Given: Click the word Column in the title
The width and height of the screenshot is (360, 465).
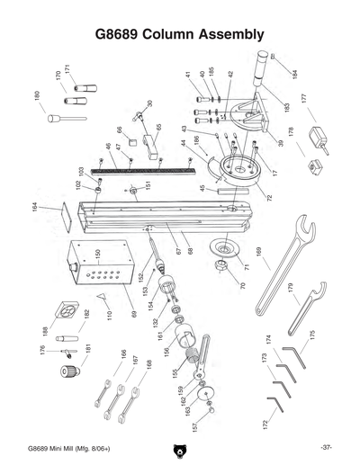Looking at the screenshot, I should tap(176, 35).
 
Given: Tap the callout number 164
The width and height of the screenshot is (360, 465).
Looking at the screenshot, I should tap(35, 212).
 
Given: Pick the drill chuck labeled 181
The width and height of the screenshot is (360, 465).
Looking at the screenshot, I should tap(67, 369).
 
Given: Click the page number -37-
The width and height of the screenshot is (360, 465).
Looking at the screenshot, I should tap(326, 447).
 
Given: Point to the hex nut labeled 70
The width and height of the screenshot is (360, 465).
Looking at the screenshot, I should tap(219, 267).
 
